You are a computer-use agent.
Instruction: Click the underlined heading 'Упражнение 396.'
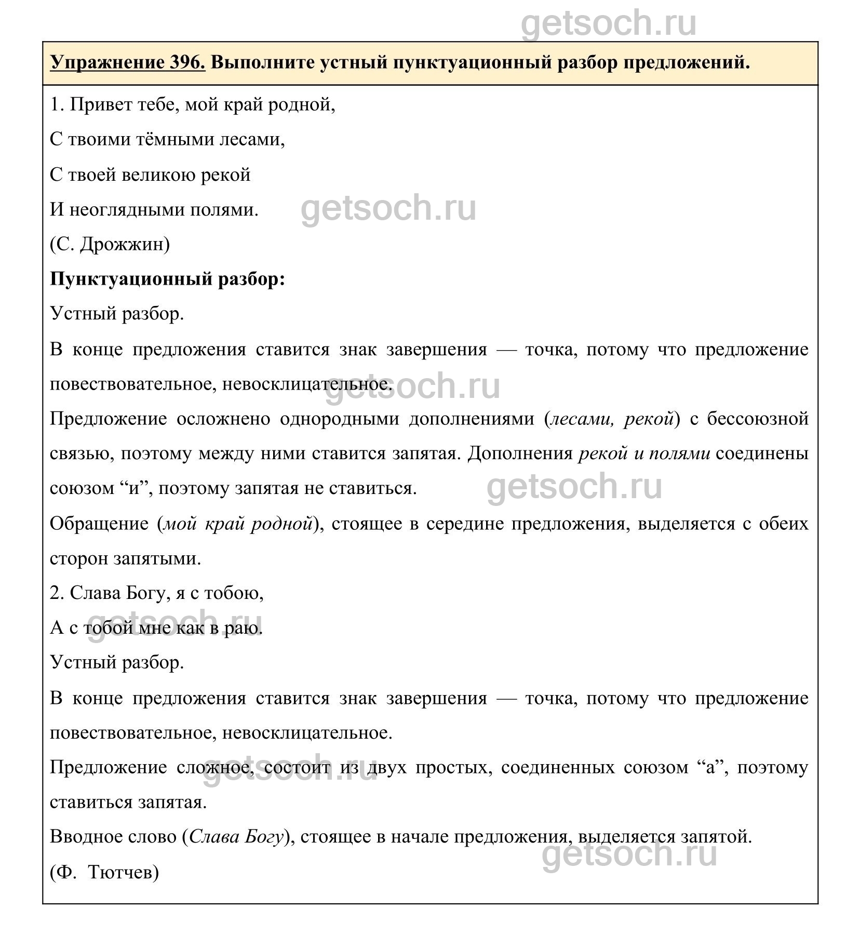coord(128,63)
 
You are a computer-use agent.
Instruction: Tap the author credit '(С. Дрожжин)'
coord(110,244)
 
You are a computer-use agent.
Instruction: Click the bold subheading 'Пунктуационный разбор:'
coord(168,279)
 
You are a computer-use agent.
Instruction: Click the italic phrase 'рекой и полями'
coord(644,453)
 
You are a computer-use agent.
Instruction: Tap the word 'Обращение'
coord(99,524)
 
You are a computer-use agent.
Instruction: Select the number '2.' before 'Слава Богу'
coord(57,593)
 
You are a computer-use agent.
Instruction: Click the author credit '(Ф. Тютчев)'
coord(104,872)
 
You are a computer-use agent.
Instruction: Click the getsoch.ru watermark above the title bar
coord(609,23)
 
